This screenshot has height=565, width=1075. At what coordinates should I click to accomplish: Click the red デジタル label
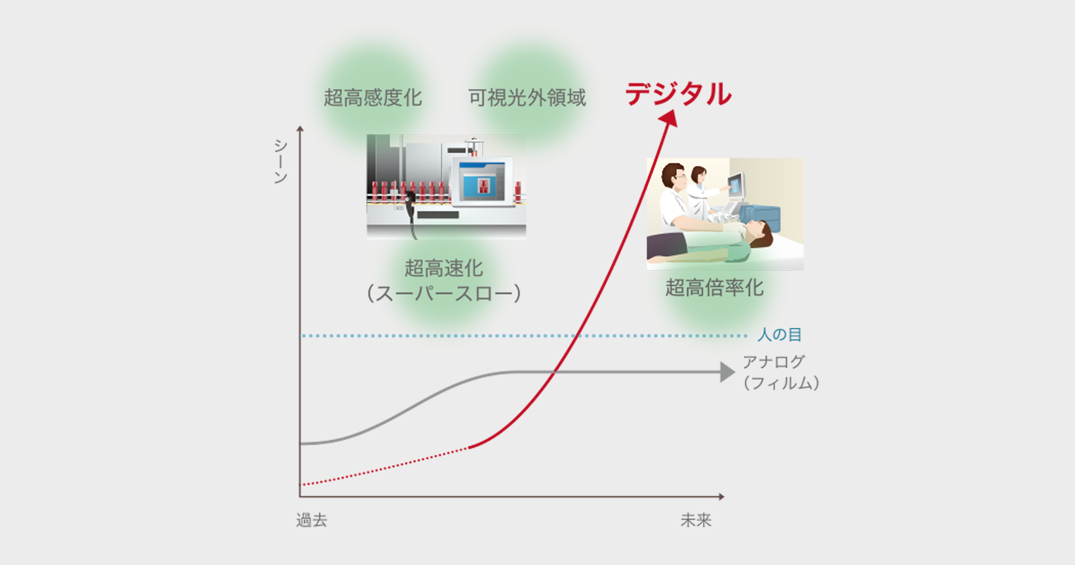tap(678, 94)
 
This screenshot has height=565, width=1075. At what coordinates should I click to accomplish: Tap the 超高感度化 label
tap(373, 97)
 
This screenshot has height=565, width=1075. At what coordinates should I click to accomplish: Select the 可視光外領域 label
tap(527, 97)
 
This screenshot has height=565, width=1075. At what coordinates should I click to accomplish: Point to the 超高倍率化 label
tap(714, 288)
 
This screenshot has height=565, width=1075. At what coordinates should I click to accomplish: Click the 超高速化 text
tap(443, 268)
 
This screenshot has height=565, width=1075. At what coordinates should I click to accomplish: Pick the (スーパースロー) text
tap(443, 293)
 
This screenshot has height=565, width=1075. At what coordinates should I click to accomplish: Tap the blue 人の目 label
tap(780, 335)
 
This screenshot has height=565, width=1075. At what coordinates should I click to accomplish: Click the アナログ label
tap(774, 362)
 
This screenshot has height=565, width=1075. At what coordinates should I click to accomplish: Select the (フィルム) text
tap(781, 383)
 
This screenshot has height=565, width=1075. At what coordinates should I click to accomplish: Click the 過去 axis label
tap(312, 520)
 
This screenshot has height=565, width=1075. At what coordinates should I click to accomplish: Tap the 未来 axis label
tap(696, 520)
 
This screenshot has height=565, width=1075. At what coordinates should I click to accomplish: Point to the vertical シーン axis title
tap(280, 161)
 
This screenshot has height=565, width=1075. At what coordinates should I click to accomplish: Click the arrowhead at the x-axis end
tap(721, 496)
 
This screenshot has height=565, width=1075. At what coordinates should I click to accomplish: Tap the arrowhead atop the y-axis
tap(300, 128)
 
